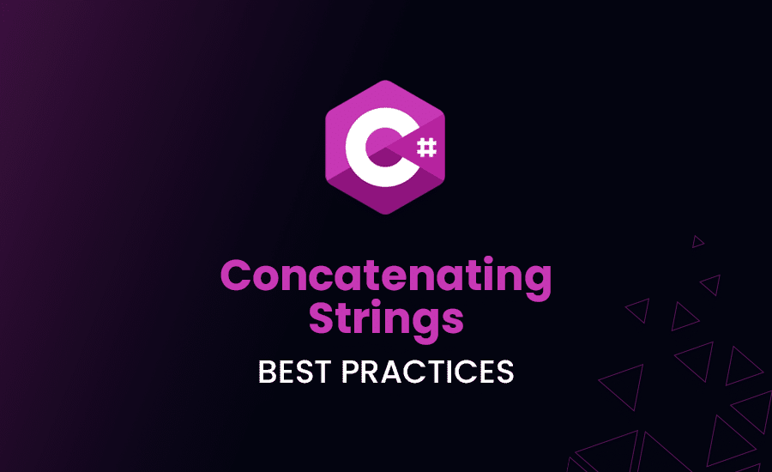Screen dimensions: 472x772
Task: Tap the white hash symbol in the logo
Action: pos(427,147)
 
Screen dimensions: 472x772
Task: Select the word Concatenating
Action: pos(386,277)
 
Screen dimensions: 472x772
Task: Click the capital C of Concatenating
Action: pos(238,277)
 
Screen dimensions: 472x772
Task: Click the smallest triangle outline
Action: pos(698,241)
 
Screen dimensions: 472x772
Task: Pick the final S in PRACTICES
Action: pos(504,372)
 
